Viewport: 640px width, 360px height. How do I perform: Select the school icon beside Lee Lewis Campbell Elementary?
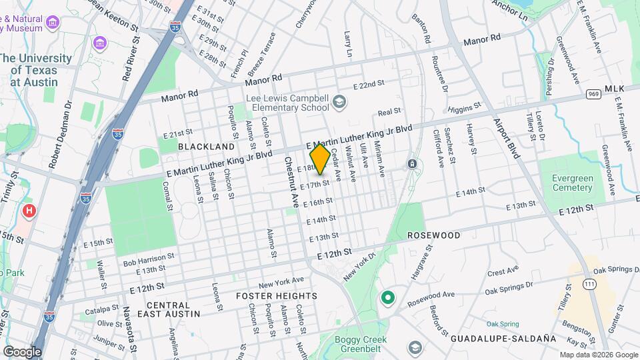[x=339, y=101]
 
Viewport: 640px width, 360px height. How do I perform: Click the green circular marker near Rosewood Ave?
[x=387, y=297]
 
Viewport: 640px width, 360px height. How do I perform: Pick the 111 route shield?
[x=588, y=284]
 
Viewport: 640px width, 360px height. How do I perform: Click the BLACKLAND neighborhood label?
[x=206, y=146]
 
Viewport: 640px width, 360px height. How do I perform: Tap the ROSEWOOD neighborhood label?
[x=433, y=235]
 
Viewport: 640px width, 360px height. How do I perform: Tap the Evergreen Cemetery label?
[x=572, y=183]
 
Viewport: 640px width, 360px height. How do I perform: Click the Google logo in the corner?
[x=22, y=351]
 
